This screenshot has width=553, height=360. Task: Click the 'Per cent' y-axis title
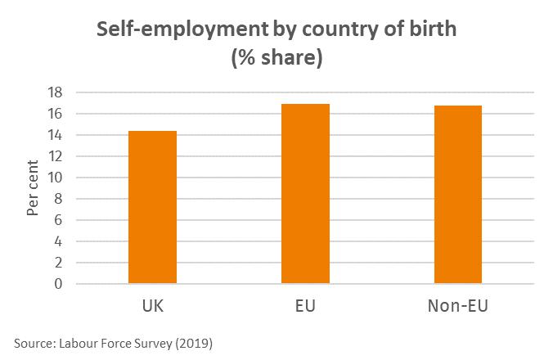(x=33, y=188)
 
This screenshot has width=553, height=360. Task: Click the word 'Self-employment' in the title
(x=172, y=30)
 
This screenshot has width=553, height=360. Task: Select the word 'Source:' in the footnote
(x=33, y=343)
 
